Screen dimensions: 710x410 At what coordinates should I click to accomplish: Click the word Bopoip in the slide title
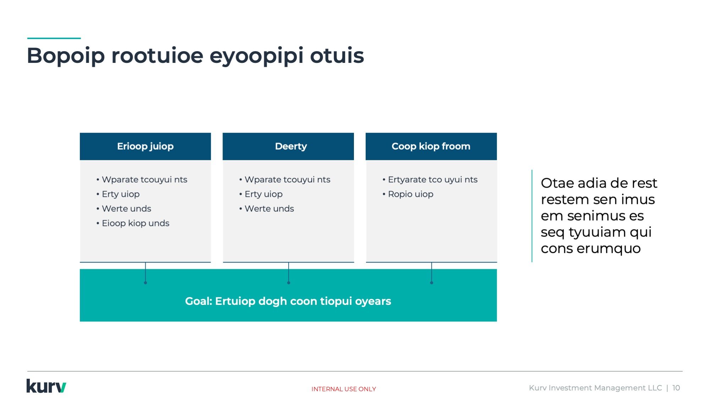tap(66, 56)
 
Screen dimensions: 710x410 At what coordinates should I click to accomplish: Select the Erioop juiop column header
tap(145, 146)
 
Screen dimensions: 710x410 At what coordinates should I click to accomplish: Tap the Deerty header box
tap(288, 146)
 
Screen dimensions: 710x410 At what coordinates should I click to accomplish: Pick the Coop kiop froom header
tap(431, 146)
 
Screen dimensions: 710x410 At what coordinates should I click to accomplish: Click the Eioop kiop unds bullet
tap(135, 223)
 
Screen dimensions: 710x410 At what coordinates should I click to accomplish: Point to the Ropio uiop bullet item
tap(410, 194)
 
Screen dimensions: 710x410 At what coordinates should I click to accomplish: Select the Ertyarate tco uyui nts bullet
tap(433, 180)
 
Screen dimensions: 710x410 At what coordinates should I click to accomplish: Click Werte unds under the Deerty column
tap(269, 209)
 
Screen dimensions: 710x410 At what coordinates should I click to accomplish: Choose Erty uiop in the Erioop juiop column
tap(121, 194)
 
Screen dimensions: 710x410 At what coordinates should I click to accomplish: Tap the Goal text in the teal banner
tap(288, 301)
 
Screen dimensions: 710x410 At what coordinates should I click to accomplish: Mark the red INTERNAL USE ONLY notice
tap(344, 389)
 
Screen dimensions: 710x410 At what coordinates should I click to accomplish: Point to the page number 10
tap(676, 388)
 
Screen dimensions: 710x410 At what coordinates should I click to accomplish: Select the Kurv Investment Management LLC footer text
tap(595, 388)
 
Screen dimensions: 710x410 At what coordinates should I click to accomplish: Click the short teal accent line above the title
tap(54, 38)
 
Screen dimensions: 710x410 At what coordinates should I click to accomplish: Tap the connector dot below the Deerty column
tap(289, 283)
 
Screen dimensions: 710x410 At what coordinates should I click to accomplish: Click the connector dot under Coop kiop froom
tap(432, 283)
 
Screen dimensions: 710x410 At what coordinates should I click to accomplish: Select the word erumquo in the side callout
tap(608, 249)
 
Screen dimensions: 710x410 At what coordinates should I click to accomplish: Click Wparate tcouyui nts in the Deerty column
tap(287, 180)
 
